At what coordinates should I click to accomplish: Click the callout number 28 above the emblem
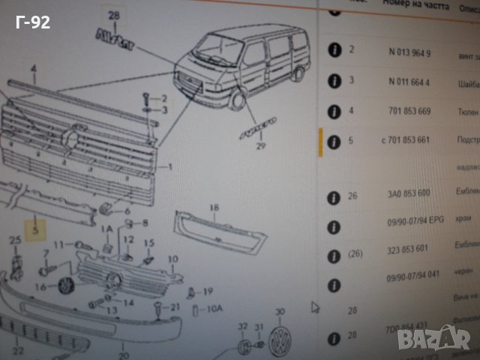pos(113,15)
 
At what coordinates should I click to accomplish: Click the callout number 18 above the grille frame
pos(214,207)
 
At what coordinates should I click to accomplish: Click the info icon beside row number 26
pos(330,197)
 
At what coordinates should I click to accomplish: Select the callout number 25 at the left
pos(13,240)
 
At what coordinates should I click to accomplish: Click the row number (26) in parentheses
pos(355,253)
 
